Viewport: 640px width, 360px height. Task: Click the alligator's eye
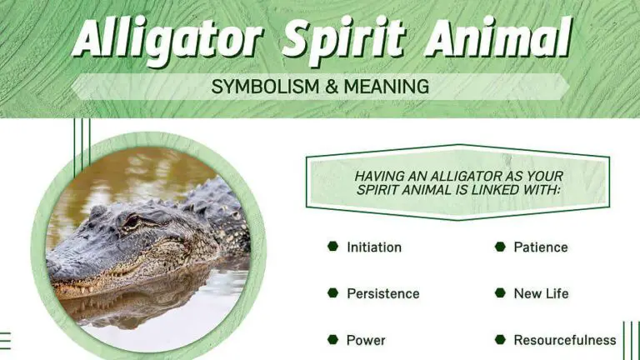point(131,222)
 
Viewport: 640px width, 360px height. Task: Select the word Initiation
point(374,247)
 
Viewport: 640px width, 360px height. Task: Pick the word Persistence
point(383,293)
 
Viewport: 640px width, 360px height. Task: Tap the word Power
point(367,340)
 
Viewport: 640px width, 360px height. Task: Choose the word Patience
point(541,247)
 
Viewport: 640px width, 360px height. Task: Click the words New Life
point(542,293)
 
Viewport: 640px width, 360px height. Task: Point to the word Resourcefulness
point(565,340)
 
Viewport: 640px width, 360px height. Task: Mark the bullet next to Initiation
point(332,247)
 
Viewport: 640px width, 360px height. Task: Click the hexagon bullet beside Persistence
point(332,293)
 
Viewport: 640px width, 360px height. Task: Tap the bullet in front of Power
point(332,340)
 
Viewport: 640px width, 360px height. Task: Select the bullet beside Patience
point(500,247)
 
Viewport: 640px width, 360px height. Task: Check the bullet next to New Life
point(500,293)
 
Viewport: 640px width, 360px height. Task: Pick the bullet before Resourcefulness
point(500,340)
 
